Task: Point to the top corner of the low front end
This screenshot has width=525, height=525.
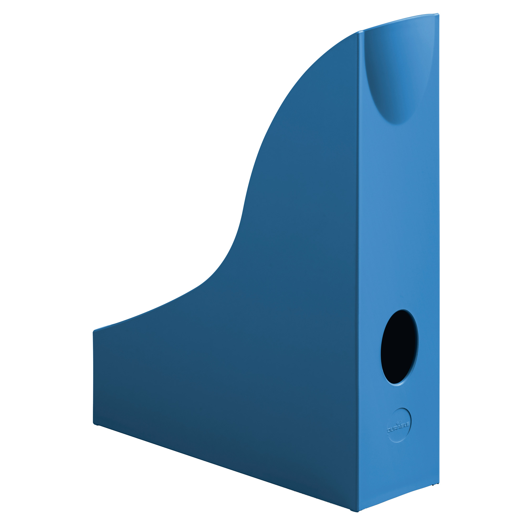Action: [94, 331]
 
